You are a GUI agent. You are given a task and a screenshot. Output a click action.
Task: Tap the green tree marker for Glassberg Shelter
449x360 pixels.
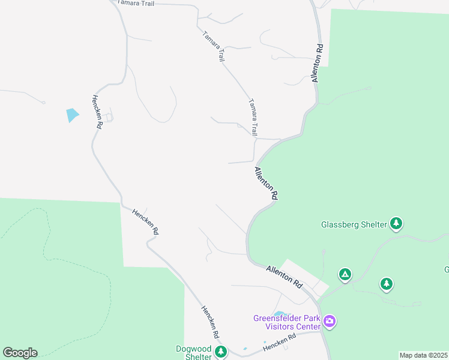pos(396,224)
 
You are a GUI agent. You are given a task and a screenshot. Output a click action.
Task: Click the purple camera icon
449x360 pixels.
pos(329,322)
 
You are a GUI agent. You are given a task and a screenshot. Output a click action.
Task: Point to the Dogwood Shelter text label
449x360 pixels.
pos(194,353)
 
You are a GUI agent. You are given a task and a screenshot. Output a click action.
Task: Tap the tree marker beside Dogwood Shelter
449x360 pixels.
pos(221,352)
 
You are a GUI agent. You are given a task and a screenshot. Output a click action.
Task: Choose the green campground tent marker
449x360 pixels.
pos(345,275)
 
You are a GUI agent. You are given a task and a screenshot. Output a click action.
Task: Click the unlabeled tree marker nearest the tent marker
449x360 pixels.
pos(387,283)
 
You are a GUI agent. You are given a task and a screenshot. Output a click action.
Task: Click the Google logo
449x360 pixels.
pos(20,353)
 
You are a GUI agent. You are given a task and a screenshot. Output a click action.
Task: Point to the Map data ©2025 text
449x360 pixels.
pos(424,355)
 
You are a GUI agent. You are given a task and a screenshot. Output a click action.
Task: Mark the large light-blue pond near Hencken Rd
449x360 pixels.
pos(72,115)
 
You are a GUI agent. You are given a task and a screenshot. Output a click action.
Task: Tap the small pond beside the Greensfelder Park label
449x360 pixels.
pos(279,313)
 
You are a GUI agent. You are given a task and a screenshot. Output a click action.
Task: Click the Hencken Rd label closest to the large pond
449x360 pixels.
pos(97,112)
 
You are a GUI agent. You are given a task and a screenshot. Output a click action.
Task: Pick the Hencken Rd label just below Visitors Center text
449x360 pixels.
pos(280,341)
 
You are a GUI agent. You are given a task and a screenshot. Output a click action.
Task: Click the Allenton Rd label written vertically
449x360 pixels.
pos(317,63)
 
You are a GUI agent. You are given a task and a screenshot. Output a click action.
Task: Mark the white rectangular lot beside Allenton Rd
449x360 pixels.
pos(304,276)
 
